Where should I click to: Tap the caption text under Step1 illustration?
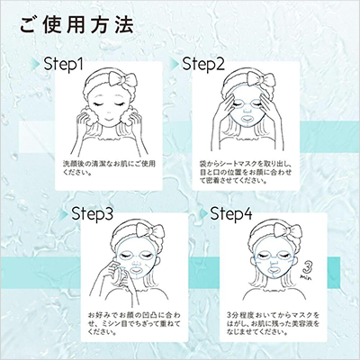point(99,169)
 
